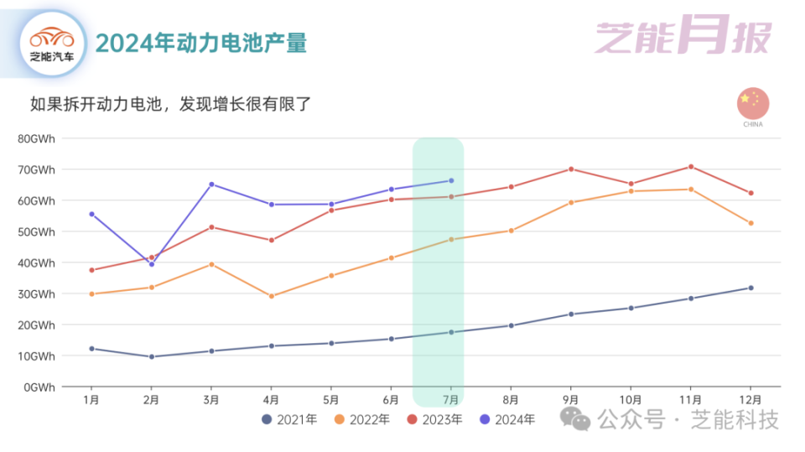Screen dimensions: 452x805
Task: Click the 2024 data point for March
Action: point(211,184)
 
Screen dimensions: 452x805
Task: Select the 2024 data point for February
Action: point(152,264)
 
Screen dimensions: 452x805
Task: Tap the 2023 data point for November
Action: point(691,167)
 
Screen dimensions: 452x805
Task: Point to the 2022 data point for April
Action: point(272,296)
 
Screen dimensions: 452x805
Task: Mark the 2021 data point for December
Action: point(750,288)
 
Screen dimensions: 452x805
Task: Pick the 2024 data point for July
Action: point(451,180)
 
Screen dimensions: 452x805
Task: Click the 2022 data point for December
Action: point(750,223)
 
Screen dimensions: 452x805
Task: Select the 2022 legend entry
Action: point(361,418)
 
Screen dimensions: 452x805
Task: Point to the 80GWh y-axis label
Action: point(36,138)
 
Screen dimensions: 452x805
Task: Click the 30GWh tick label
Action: point(36,294)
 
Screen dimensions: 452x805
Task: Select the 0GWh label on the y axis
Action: point(39,387)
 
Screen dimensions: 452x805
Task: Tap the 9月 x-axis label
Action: point(571,400)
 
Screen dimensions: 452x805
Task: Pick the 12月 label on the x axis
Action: point(750,400)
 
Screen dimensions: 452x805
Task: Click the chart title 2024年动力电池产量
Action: point(200,43)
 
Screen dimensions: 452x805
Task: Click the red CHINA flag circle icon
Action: point(753,103)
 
